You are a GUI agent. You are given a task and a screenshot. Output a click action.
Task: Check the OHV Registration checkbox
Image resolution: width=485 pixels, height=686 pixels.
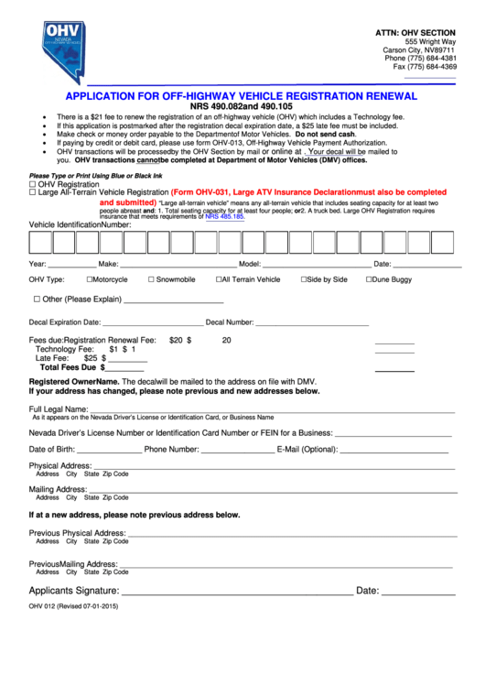pyautogui.click(x=33, y=184)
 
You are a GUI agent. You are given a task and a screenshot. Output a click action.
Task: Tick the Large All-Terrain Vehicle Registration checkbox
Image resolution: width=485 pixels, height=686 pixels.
pyautogui.click(x=33, y=192)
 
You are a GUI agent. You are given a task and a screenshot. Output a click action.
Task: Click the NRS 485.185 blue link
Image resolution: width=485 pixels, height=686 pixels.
pyautogui.click(x=225, y=217)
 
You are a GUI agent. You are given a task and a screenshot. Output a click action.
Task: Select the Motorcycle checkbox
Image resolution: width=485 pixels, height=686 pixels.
pyautogui.click(x=90, y=279)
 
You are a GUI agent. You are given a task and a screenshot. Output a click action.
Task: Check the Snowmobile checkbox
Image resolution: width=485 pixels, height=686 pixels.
pyautogui.click(x=151, y=279)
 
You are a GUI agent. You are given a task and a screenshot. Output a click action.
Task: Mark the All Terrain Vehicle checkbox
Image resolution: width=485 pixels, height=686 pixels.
pyautogui.click(x=219, y=279)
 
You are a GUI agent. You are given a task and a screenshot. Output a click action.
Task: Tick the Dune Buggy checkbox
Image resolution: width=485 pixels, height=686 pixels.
pyautogui.click(x=370, y=279)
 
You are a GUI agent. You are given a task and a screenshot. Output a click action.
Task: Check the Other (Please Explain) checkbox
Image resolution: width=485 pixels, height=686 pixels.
pyautogui.click(x=38, y=299)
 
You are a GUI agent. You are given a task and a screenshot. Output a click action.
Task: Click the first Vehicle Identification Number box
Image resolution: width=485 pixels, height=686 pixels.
pyautogui.click(x=40, y=243)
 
